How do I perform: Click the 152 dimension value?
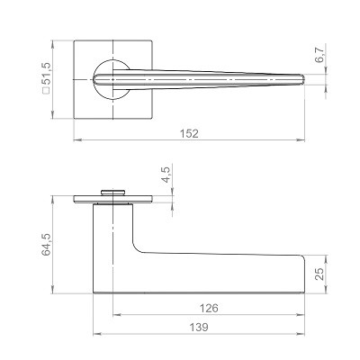click(189, 133)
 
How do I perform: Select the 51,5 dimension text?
click(48, 74)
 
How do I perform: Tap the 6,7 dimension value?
click(319, 55)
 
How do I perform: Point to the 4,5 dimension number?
click(166, 175)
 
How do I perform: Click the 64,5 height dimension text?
click(47, 245)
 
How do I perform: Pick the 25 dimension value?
click(319, 274)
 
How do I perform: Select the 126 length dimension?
click(209, 308)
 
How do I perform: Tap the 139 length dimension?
click(199, 327)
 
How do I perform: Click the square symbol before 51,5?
click(47, 90)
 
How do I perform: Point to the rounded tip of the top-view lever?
click(303, 79)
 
